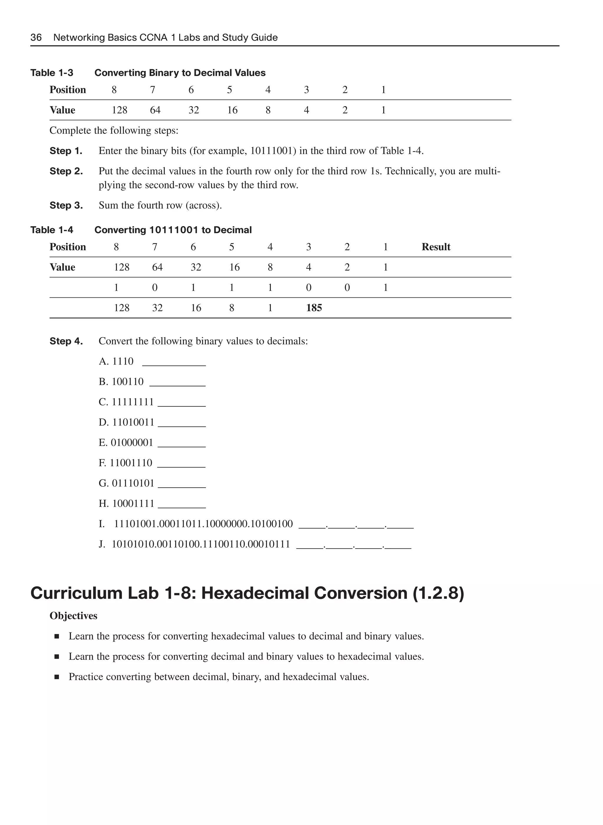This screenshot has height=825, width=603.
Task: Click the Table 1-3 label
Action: pos(52,73)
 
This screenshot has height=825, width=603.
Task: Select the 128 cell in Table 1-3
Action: pos(119,110)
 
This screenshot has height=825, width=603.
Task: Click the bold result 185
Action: pos(314,308)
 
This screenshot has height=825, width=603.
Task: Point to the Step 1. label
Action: pos(66,151)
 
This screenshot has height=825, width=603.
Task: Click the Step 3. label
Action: pos(66,206)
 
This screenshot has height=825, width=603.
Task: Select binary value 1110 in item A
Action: pos(123,361)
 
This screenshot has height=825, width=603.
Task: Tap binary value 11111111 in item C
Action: pos(132,402)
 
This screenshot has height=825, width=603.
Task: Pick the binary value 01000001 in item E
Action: pos(132,443)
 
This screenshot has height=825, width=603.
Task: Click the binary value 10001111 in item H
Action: pos(133,504)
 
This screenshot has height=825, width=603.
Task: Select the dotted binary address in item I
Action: pos(203,524)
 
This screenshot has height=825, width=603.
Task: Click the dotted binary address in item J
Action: pos(201,544)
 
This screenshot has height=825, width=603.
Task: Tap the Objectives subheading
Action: pos(73,616)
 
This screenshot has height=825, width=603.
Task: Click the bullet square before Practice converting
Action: pos(57,677)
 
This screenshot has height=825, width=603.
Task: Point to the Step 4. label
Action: pos(66,341)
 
